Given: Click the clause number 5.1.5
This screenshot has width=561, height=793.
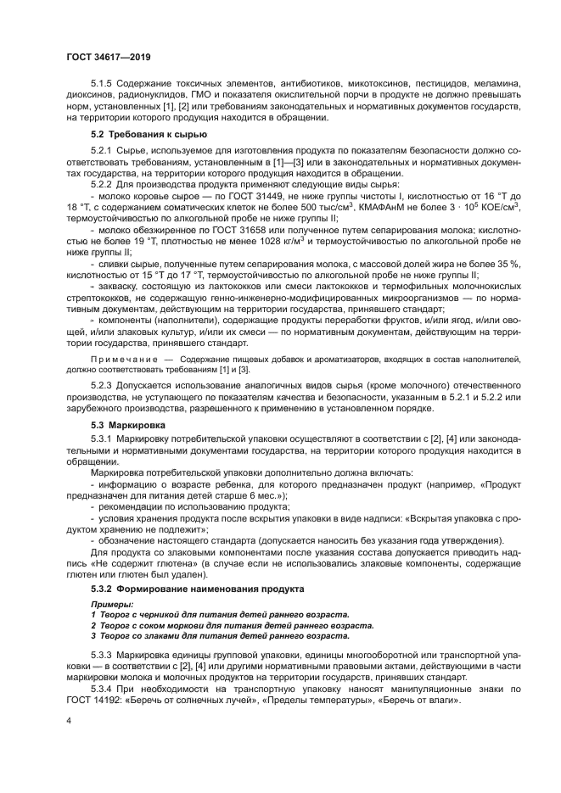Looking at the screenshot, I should [x=103, y=85].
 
